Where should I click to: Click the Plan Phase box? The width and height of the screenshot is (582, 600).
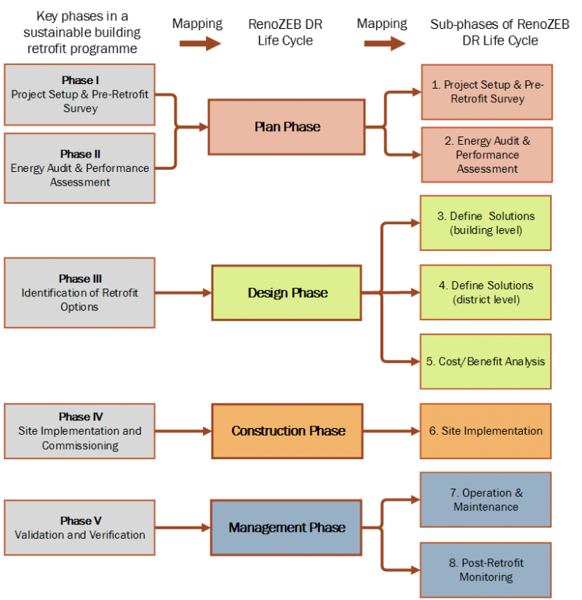[x=286, y=127]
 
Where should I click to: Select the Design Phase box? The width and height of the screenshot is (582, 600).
[x=286, y=292]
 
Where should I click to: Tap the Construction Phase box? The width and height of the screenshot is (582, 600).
[x=287, y=431]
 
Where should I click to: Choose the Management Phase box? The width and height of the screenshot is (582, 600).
[x=286, y=527]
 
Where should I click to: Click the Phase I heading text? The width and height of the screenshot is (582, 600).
[x=80, y=80]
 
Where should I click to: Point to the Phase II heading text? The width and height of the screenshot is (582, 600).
[x=80, y=154]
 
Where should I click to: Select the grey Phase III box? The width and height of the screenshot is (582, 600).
[x=80, y=292]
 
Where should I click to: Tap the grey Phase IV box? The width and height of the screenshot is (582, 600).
[x=80, y=431]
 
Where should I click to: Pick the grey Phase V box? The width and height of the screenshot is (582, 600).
[x=80, y=527]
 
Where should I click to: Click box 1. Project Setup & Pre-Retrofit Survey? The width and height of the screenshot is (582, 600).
[x=487, y=92]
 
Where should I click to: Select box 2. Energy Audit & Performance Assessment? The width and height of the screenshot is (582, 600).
[x=487, y=155]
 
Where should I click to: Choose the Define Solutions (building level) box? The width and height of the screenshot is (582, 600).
[x=486, y=223]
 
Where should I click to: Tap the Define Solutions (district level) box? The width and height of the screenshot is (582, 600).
[x=486, y=292]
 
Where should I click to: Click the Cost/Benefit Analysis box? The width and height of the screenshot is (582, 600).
[x=486, y=361]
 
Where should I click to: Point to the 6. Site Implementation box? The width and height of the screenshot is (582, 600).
[x=486, y=431]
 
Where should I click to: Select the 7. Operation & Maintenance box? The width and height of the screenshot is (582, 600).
[x=486, y=500]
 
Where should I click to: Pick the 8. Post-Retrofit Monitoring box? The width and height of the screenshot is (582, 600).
[x=486, y=570]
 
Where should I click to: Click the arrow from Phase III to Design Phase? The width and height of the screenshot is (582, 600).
[x=183, y=292]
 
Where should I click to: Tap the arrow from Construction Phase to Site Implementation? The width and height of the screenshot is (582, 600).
[x=391, y=431]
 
